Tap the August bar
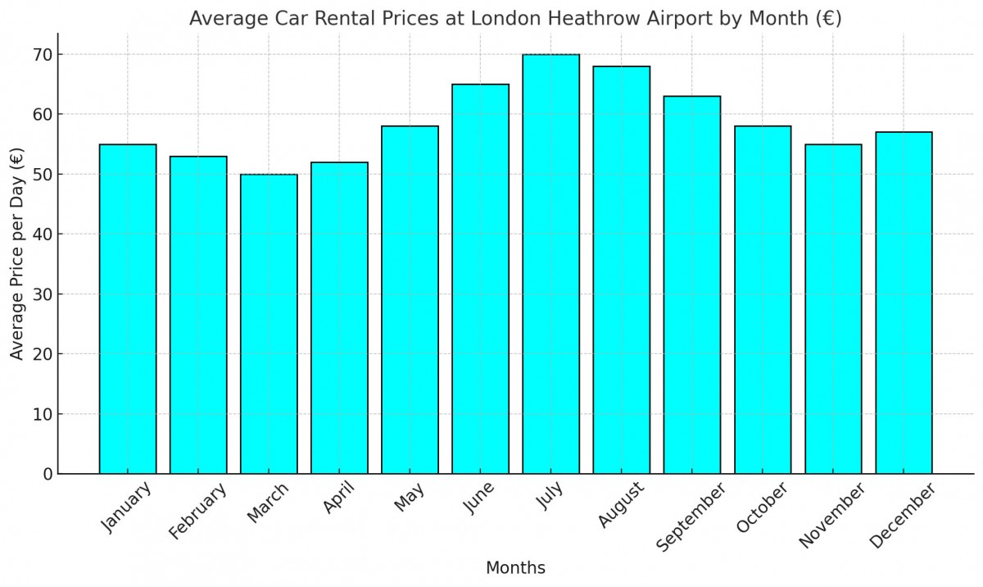pyautogui.click(x=621, y=271)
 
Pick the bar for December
pyautogui.click(x=904, y=303)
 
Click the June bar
pyautogui.click(x=480, y=279)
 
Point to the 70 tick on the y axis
pyautogui.click(x=43, y=55)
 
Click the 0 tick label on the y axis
pyautogui.click(x=48, y=474)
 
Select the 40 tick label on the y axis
pyautogui.click(x=43, y=234)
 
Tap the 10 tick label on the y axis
pyautogui.click(x=43, y=414)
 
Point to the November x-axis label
pyautogui.click(x=831, y=516)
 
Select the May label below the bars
pyautogui.click(x=409, y=498)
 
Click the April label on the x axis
pyautogui.click(x=338, y=499)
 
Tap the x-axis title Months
pyautogui.click(x=515, y=568)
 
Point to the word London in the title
pyautogui.click(x=501, y=19)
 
